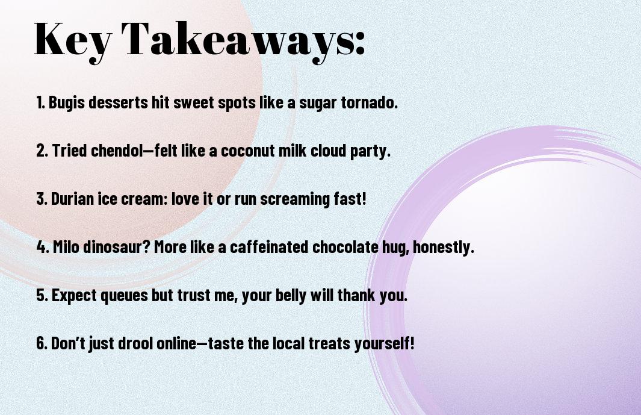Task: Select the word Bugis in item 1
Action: coord(67,102)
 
